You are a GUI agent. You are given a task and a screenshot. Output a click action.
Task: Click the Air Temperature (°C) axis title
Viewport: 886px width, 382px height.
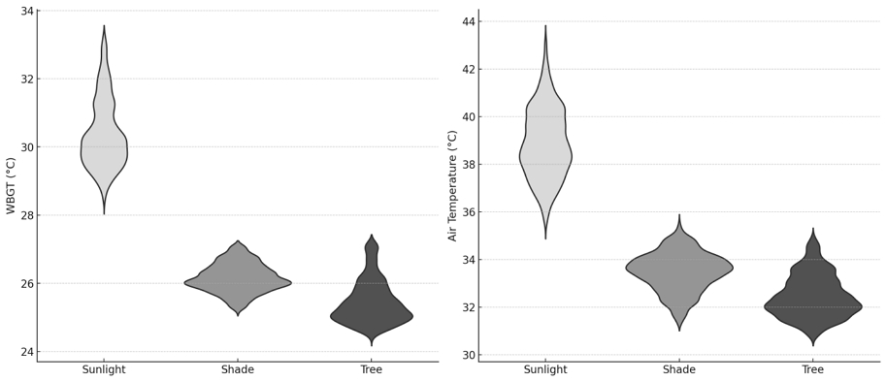(x=452, y=185)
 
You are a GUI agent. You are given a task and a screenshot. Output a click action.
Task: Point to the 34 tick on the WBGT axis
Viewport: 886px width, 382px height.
(x=26, y=11)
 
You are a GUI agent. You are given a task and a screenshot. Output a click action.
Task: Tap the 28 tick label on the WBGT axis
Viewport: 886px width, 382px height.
(x=26, y=215)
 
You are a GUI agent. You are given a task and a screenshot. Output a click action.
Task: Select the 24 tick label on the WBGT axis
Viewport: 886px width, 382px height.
(x=26, y=352)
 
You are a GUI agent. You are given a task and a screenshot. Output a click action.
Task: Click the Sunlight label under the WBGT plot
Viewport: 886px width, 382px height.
(x=104, y=370)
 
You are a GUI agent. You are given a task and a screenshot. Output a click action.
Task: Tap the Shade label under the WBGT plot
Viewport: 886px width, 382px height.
(x=238, y=370)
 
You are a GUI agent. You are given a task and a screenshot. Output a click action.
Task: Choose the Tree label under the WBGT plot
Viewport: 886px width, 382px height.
(x=371, y=370)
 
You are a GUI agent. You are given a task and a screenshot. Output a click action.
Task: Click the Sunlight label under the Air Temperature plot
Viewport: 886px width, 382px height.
(x=545, y=370)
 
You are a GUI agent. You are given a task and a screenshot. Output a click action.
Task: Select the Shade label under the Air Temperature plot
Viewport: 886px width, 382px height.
(x=679, y=370)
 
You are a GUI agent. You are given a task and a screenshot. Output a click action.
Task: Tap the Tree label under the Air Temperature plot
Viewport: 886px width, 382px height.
(x=812, y=370)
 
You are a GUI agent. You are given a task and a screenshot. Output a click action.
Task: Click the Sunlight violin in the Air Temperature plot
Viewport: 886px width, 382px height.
(x=545, y=155)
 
